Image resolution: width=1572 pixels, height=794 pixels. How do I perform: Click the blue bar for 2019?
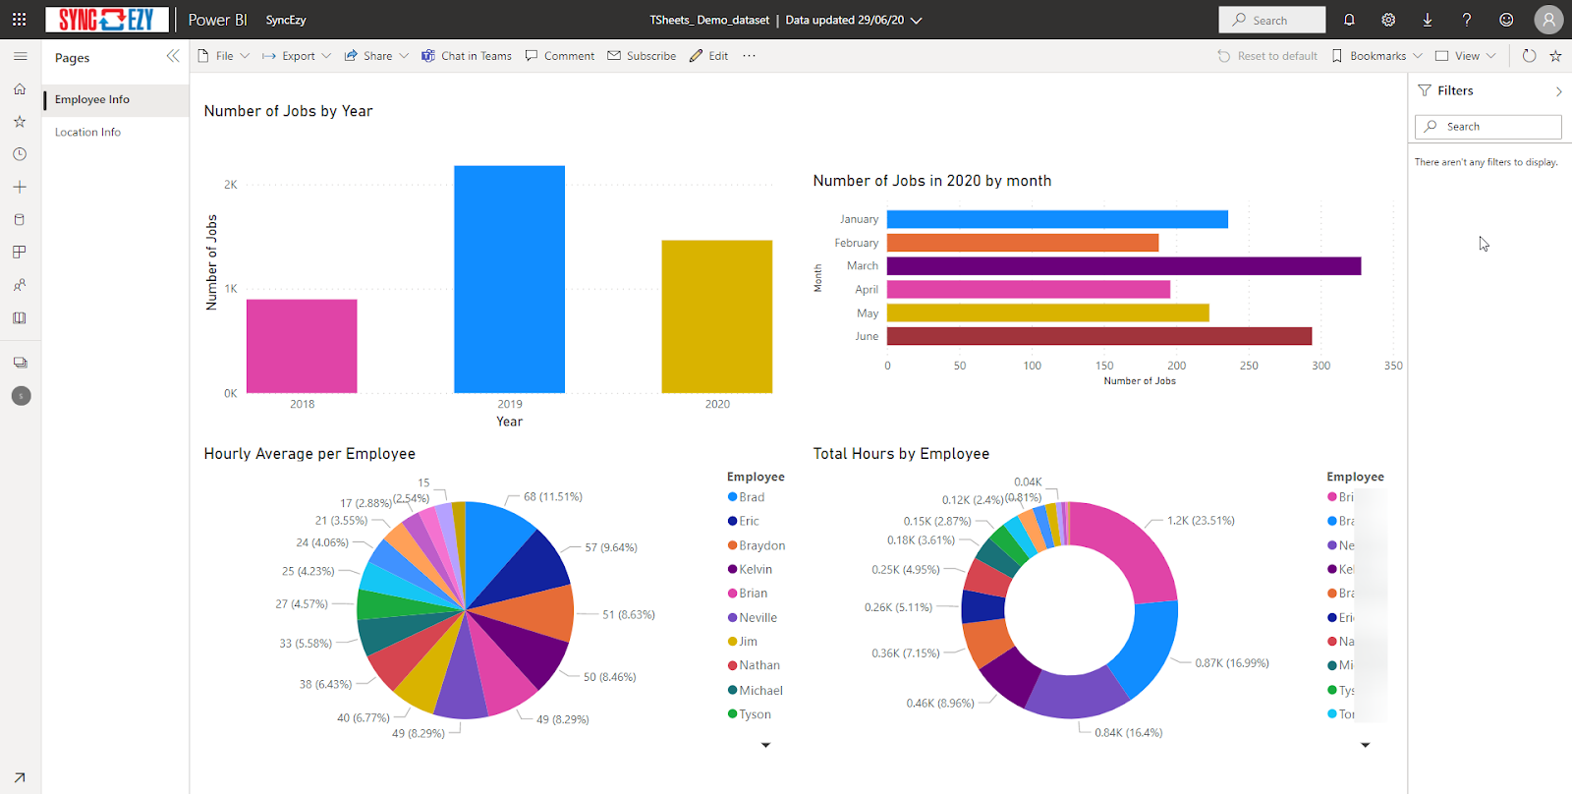[x=509, y=279]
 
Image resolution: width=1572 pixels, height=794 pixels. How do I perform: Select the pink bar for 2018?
[x=302, y=346]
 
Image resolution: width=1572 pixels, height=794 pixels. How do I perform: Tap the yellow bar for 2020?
[x=716, y=316]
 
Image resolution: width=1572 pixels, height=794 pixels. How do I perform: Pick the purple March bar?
[x=1123, y=266]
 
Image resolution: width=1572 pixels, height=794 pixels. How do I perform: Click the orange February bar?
[x=1022, y=243]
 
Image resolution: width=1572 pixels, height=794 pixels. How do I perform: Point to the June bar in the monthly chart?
[x=1098, y=336]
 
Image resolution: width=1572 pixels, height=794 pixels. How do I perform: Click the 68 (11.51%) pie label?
[x=552, y=497]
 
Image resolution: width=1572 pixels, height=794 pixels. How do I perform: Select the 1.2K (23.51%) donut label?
[x=1201, y=521]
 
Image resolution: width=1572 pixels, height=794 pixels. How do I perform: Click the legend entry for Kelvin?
[x=755, y=570]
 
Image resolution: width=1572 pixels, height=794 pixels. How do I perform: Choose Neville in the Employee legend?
[x=758, y=618]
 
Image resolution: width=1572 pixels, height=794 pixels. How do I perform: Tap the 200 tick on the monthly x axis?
[x=1176, y=366]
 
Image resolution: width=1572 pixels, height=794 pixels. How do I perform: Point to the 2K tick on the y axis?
[x=231, y=185]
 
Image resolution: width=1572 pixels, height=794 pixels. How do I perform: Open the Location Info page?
[x=87, y=133]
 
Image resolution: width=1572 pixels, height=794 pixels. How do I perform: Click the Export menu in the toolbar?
[x=297, y=56]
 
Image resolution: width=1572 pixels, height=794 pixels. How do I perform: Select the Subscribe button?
[x=642, y=56]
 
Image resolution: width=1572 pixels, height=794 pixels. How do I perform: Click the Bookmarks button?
[x=1376, y=56]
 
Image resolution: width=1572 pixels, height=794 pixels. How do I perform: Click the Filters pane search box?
[x=1488, y=127]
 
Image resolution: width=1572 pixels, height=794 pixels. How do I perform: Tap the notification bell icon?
[x=1349, y=20]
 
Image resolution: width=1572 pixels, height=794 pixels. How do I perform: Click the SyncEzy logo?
[x=106, y=20]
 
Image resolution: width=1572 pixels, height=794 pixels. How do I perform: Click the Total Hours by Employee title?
[x=901, y=454]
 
